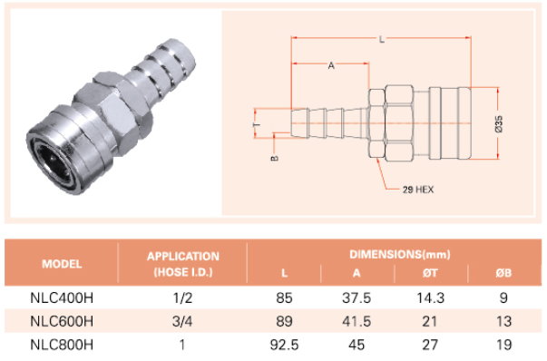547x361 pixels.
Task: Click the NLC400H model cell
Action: [x=62, y=298]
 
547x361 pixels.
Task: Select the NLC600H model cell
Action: [x=62, y=321]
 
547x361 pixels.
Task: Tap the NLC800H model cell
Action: [x=62, y=345]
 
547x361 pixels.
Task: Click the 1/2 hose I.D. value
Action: [x=182, y=298]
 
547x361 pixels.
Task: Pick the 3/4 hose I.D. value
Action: [x=182, y=321]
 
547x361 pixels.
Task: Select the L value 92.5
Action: [x=284, y=345]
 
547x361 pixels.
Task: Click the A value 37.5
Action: [x=357, y=298]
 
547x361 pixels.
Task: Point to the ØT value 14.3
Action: [x=431, y=298]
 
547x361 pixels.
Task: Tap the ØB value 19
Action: [x=503, y=345]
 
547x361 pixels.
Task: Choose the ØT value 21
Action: [x=430, y=321]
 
